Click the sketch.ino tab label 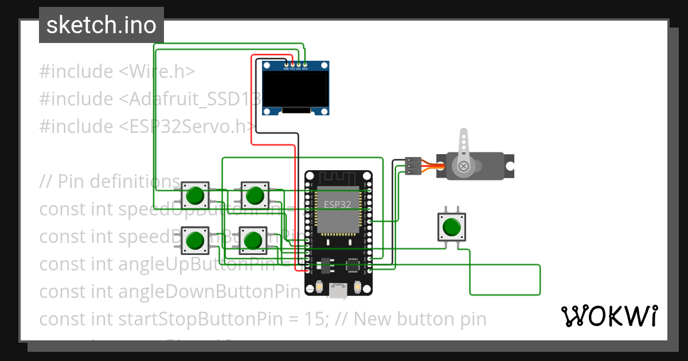[101, 25]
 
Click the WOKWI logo [609, 316]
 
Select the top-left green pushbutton [196, 195]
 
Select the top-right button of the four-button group [254, 195]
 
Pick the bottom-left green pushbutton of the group [196, 240]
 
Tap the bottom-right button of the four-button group [252, 240]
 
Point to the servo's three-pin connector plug [413, 166]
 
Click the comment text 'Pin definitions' [119, 182]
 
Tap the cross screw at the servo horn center [463, 167]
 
